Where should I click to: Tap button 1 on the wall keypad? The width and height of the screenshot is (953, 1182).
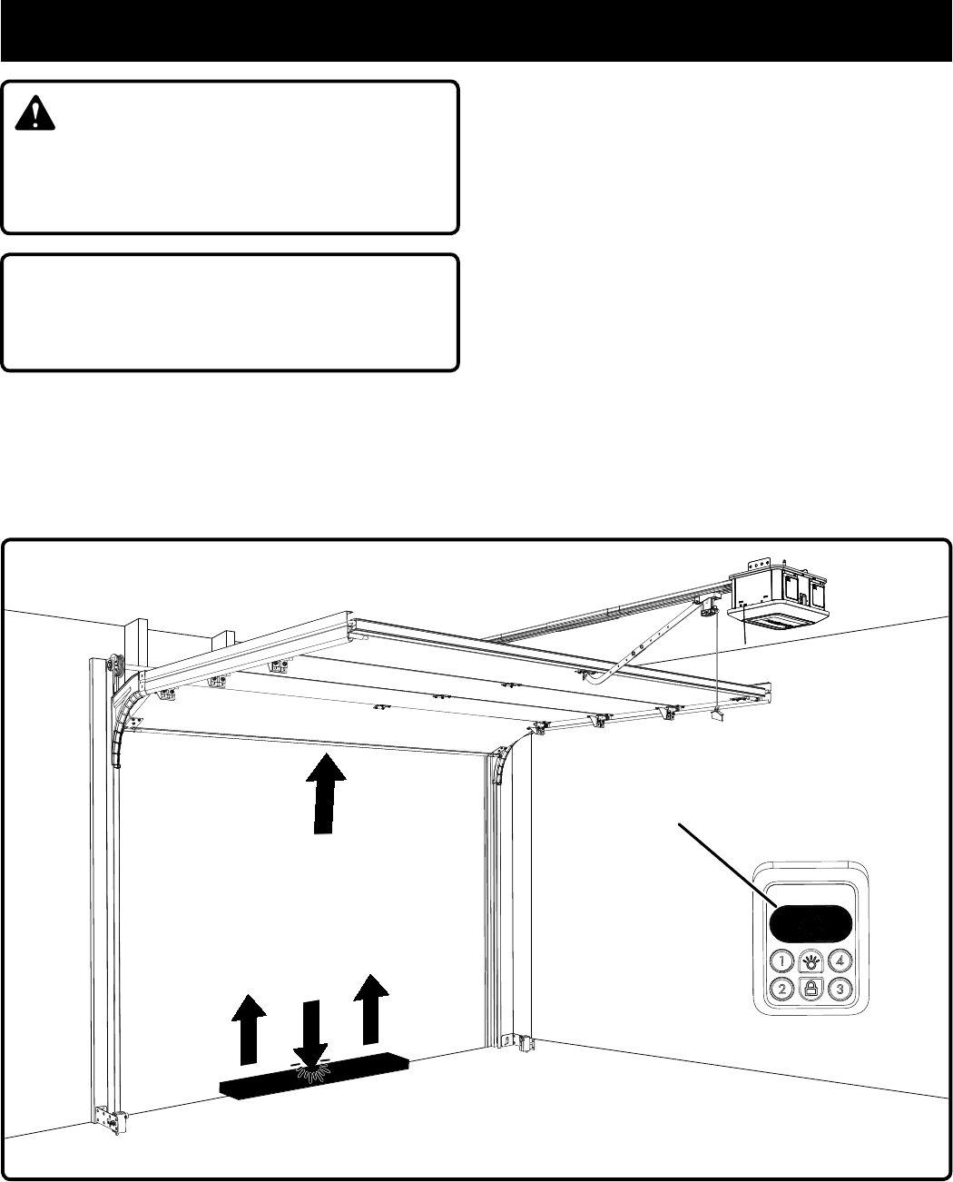pos(781,960)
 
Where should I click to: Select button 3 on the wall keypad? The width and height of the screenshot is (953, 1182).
pos(840,989)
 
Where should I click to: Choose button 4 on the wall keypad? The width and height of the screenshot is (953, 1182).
pos(840,960)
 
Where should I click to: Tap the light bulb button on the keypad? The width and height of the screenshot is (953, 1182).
pos(811,960)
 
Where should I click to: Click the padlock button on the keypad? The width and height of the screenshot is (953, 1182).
pos(811,989)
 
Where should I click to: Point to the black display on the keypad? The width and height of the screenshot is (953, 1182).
pos(811,925)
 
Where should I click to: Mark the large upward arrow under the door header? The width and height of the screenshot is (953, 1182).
pos(325,792)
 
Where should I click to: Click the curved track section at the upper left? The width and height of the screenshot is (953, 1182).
pos(124,716)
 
